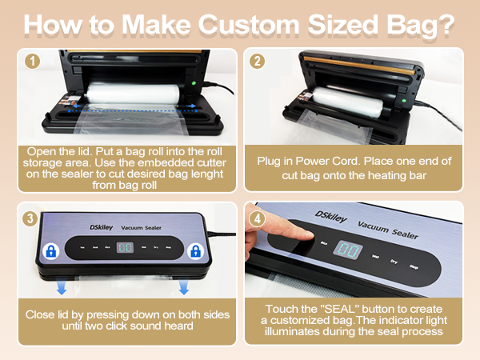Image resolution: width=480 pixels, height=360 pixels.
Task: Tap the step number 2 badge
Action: pyautogui.click(x=257, y=60)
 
